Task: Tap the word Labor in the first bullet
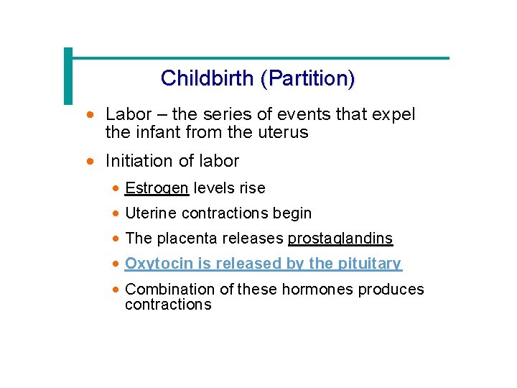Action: pos(127,114)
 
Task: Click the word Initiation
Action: pos(138,161)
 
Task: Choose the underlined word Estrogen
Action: pos(157,188)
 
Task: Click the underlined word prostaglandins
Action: pos(340,239)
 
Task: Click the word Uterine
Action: pos(151,213)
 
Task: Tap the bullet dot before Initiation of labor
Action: pos(90,161)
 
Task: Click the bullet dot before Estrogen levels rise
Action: pos(116,188)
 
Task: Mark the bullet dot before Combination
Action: pos(116,289)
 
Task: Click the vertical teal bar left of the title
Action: pos(68,76)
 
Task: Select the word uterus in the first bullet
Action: pos(287,132)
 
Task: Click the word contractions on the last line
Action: pos(168,305)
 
